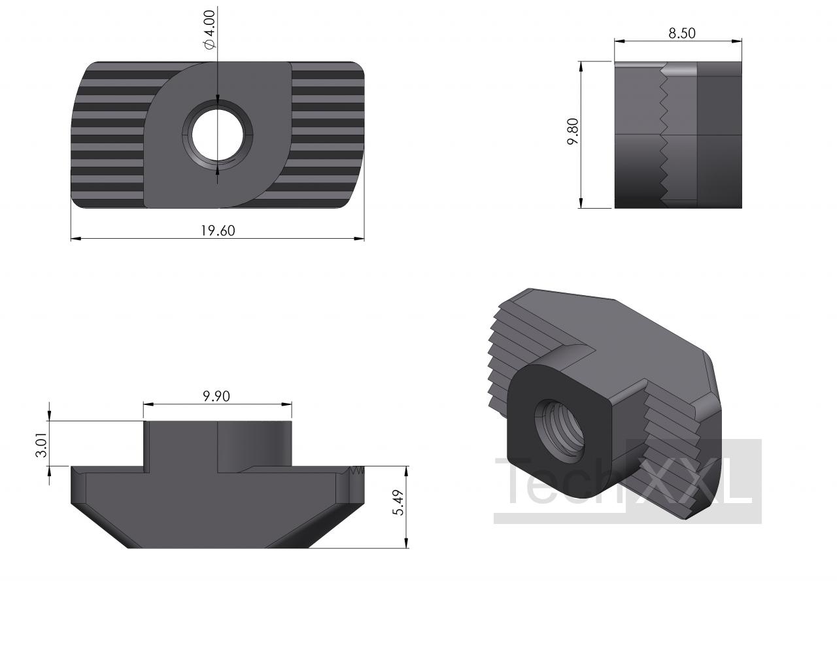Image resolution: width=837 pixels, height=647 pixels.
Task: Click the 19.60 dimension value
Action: pos(218,230)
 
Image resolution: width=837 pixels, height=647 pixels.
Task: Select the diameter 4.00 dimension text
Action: pos(210,29)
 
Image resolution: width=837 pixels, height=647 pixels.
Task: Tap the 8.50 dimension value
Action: pos(682,33)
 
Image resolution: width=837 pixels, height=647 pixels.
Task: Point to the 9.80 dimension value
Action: pos(573,131)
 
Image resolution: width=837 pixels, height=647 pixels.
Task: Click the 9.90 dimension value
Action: pos(216,396)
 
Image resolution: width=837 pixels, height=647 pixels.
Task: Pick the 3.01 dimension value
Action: pos(41,445)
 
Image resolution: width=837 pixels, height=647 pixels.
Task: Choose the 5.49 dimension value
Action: pos(398,502)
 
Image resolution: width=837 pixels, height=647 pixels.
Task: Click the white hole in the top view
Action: pos(218,135)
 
